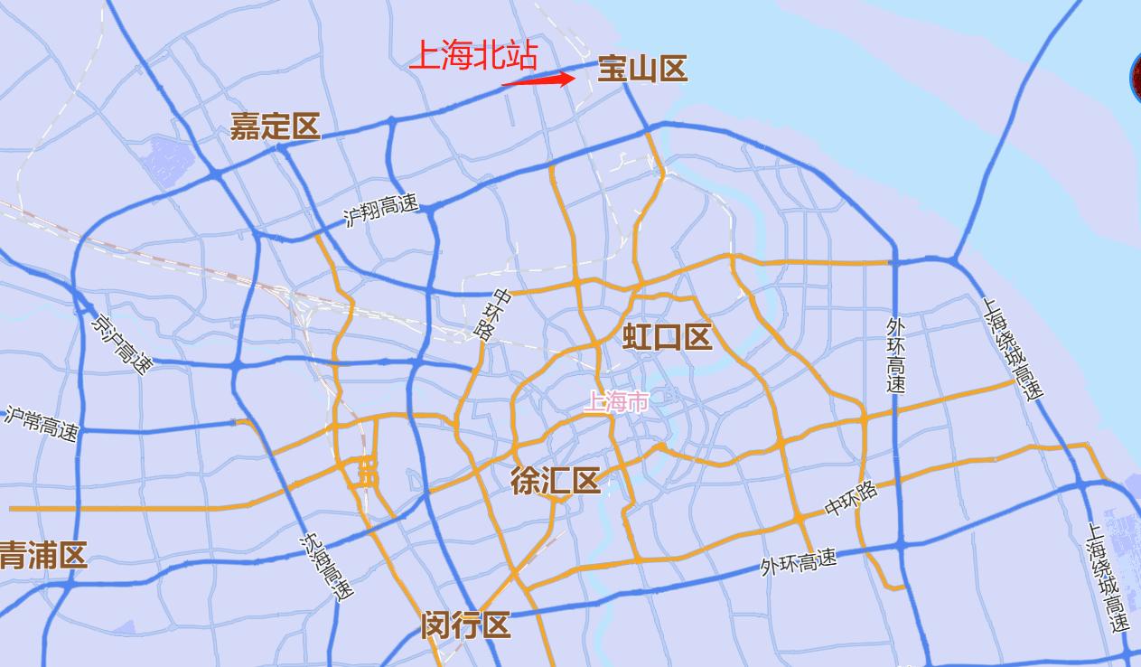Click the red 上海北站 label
(473, 55)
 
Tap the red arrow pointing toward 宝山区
(539, 80)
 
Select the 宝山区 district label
(642, 69)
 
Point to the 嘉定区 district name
(276, 127)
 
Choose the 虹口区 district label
(668, 337)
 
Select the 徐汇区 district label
(556, 481)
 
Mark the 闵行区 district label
(465, 625)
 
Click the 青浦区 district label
(43, 555)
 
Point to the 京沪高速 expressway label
(123, 341)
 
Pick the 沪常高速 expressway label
(42, 423)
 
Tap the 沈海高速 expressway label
(326, 568)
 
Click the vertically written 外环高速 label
(895, 353)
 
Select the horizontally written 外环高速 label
(798, 562)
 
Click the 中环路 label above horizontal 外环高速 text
(851, 499)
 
